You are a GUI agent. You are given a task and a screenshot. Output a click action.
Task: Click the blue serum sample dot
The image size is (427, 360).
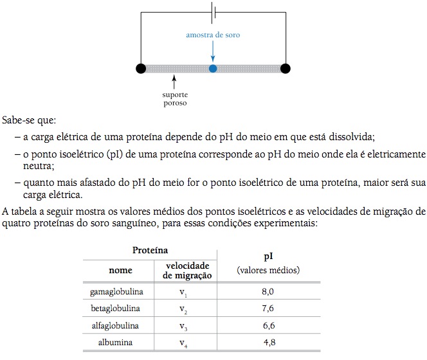pos(213,68)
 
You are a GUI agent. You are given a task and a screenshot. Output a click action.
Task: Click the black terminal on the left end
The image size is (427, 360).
pos(141,68)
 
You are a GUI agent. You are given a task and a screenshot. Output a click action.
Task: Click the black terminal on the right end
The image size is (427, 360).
pos(286,68)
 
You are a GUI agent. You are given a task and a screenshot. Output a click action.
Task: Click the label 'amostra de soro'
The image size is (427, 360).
pos(213,35)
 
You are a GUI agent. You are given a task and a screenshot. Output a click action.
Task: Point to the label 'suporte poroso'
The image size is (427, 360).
pos(175,98)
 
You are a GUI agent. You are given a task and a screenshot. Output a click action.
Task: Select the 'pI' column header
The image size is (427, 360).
pos(268,255)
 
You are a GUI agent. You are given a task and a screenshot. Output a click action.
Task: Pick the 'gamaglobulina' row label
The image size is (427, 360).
pos(116,292)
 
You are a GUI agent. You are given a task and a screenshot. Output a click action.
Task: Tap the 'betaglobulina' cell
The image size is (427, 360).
pos(116,309)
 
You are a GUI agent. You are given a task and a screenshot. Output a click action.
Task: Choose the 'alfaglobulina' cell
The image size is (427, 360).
pos(116,326)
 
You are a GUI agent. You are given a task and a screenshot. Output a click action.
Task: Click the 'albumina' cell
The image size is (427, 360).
pos(116,343)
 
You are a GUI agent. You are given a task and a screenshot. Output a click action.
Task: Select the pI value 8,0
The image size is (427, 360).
pos(268,292)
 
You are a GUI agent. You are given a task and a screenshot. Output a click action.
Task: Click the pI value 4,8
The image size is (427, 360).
pos(268,343)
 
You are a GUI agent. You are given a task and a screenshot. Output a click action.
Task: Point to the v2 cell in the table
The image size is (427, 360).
pos(184,310)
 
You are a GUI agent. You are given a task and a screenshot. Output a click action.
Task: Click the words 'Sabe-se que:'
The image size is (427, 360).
pos(29,120)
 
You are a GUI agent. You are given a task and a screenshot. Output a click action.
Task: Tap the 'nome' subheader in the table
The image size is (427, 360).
pos(116,271)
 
